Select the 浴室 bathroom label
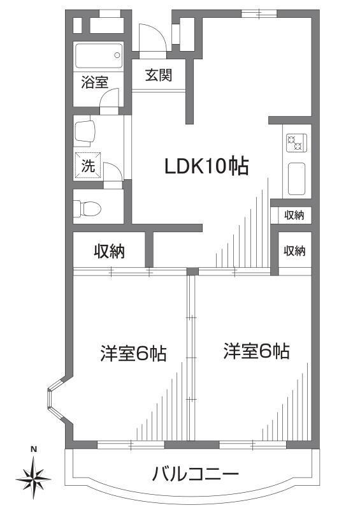pyautogui.click(x=94, y=82)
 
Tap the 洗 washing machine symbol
pyautogui.click(x=87, y=166)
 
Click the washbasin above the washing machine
pyautogui.click(x=85, y=132)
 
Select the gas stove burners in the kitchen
pyautogui.click(x=296, y=143)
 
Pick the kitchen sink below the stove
pyautogui.click(x=296, y=178)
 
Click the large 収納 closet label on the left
pyautogui.click(x=110, y=251)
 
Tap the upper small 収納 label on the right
pyautogui.click(x=294, y=215)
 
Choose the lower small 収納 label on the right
pyautogui.click(x=294, y=251)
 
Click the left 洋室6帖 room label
pyautogui.click(x=133, y=353)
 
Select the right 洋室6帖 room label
pyautogui.click(x=257, y=351)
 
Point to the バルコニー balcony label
pyautogui.click(x=195, y=474)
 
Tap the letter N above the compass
pyautogui.click(x=34, y=449)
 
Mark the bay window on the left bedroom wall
pyautogui.click(x=55, y=400)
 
